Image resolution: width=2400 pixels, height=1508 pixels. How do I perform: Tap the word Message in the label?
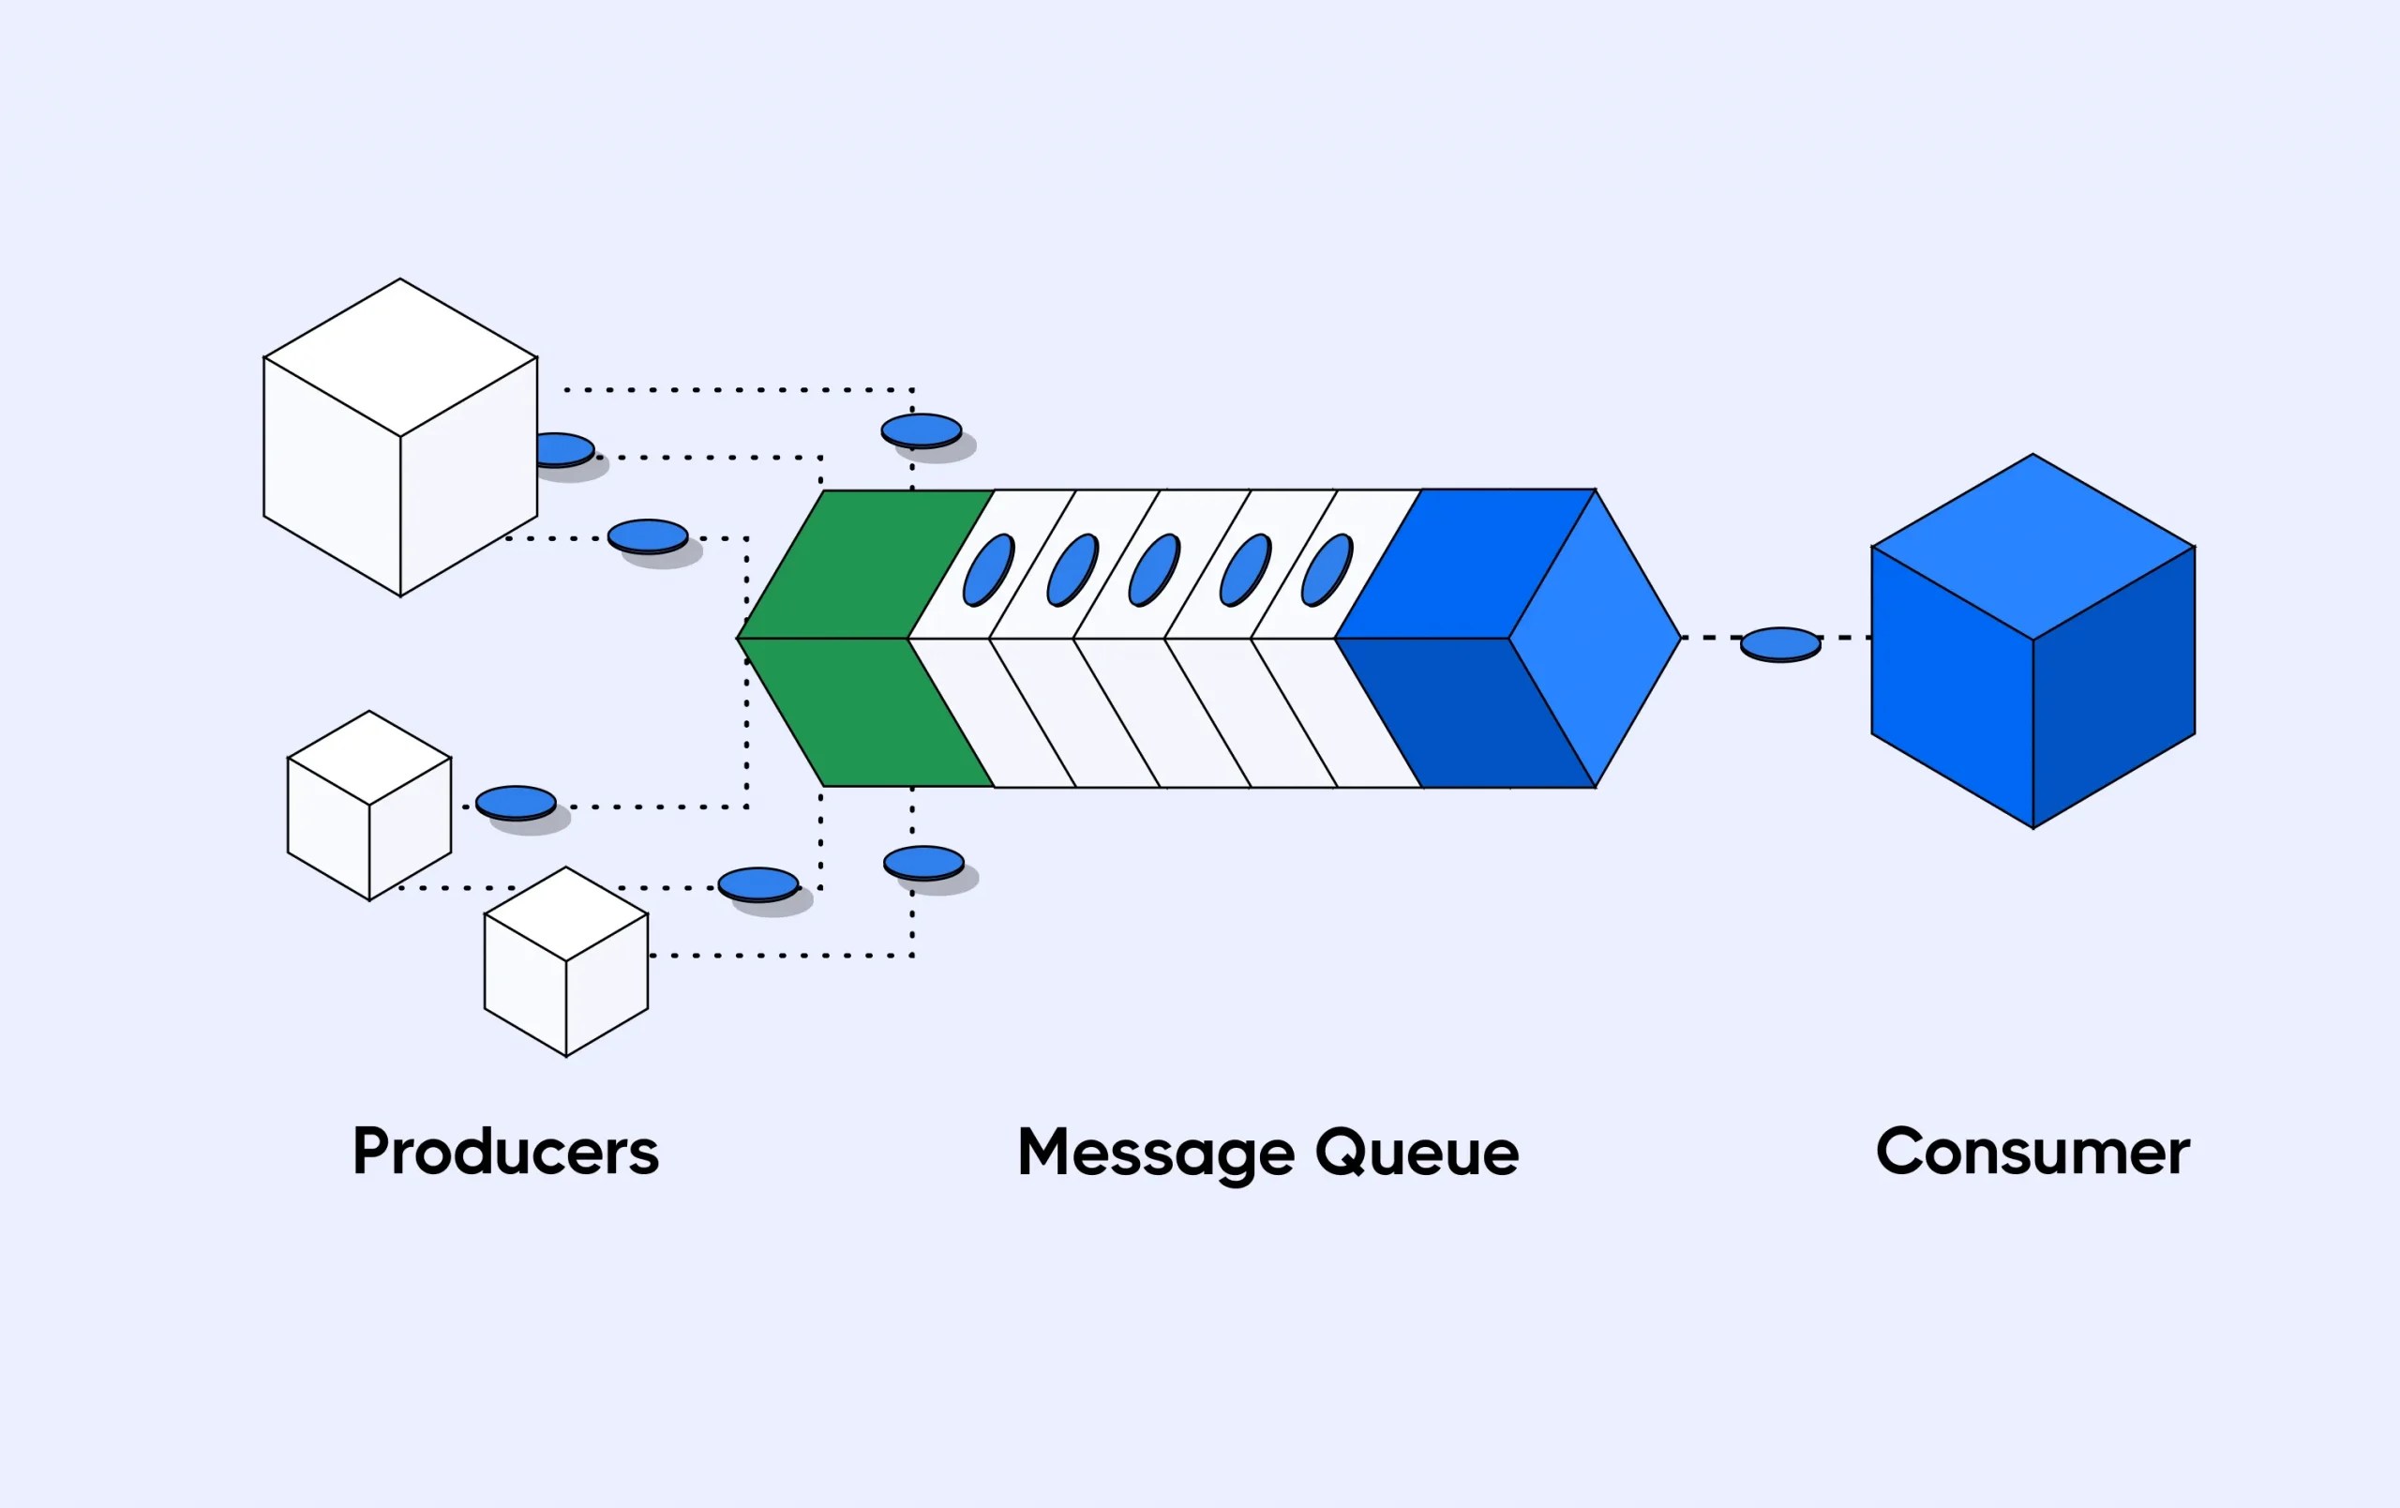1155,1154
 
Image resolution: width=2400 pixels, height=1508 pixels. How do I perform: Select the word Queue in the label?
1417,1154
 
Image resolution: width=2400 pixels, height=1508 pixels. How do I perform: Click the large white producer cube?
399,439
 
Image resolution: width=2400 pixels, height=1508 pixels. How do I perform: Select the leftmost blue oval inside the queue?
988,570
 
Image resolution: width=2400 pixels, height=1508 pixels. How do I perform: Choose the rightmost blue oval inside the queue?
1327,570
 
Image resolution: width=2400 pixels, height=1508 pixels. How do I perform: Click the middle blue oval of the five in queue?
1154,570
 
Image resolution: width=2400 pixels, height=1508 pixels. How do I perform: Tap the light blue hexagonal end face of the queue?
1595,638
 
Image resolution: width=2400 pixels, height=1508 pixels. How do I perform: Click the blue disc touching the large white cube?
564,448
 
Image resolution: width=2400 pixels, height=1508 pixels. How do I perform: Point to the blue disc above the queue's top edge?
921,430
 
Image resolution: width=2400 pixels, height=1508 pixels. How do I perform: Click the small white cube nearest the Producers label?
566,961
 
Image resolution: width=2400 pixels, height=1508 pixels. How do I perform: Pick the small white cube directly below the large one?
368,806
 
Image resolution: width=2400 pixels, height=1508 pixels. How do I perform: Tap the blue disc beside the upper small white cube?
516,803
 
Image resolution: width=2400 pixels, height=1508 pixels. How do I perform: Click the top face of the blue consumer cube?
2032,546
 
